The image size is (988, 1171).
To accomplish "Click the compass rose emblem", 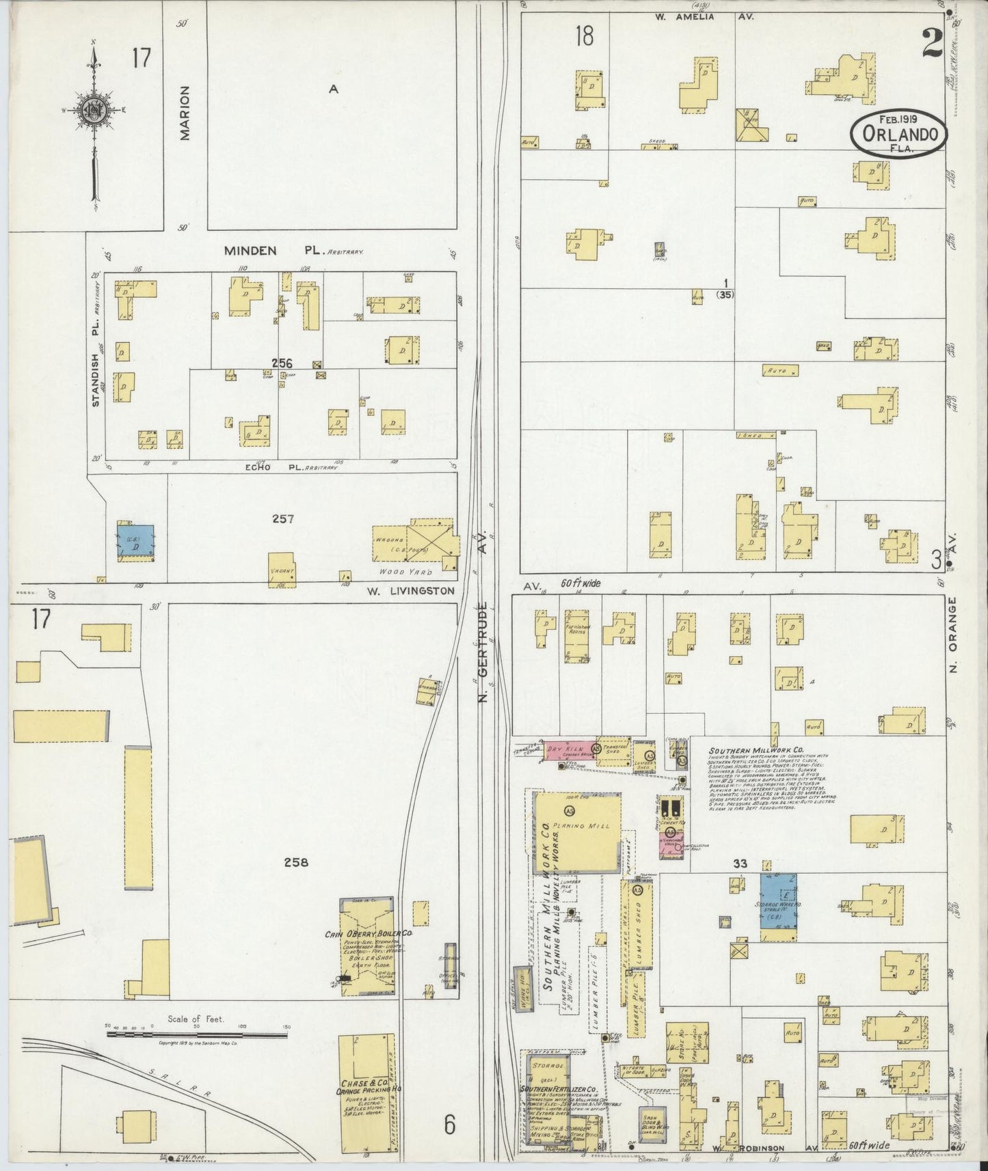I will click(x=94, y=111).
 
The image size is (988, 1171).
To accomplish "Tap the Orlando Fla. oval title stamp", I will click(x=899, y=133).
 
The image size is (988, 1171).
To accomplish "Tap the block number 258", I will click(x=295, y=862).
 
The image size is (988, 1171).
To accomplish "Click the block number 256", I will click(x=282, y=363).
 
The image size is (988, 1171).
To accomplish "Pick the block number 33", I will click(x=740, y=864).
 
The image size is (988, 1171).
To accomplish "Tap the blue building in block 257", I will click(x=135, y=541).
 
